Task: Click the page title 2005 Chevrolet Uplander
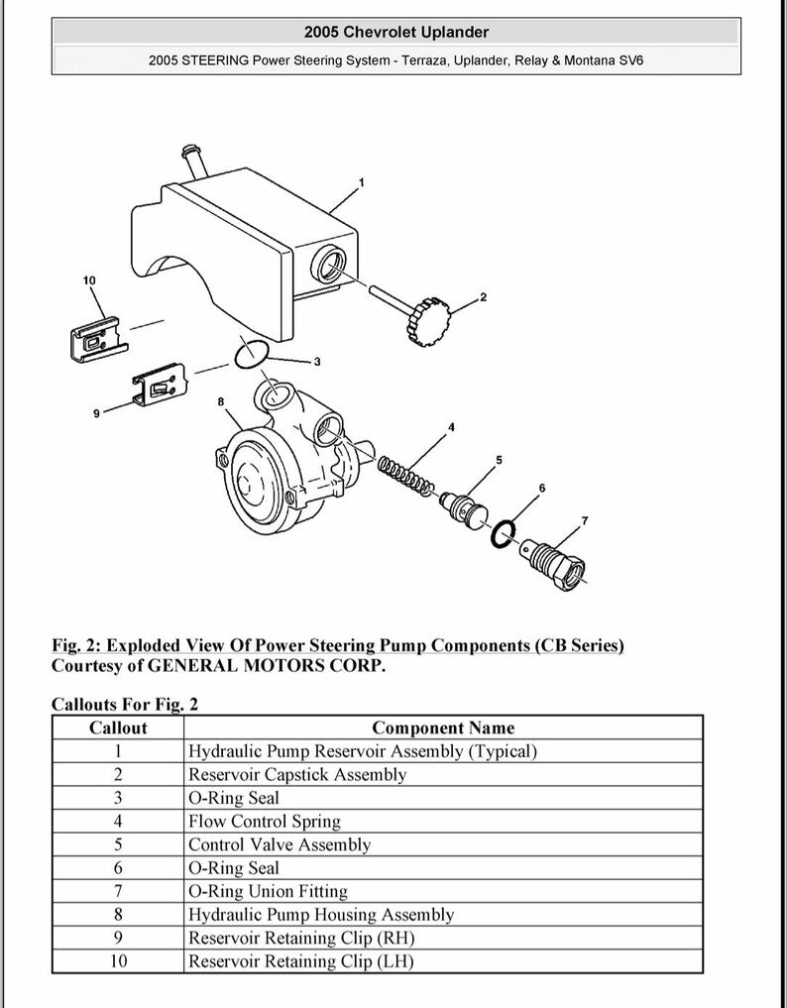(395, 33)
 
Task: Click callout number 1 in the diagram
(361, 182)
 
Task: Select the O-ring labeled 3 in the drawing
(253, 353)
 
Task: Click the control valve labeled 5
(465, 505)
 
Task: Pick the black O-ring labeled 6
(505, 533)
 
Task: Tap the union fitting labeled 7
(555, 560)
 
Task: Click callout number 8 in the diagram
(221, 402)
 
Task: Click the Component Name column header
(443, 728)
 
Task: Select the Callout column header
(118, 728)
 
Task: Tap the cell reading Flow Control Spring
(265, 822)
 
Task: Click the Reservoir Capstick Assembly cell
(297, 775)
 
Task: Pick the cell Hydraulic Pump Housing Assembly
(321, 915)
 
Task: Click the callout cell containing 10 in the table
(118, 961)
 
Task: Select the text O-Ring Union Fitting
(268, 891)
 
